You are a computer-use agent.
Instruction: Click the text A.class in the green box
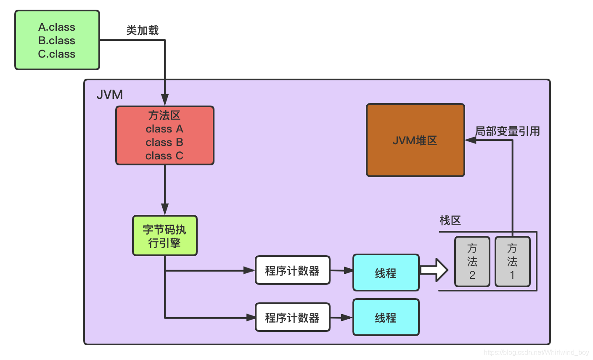pos(57,27)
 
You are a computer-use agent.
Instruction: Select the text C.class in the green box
pos(57,54)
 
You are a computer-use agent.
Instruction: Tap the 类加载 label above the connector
pos(143,30)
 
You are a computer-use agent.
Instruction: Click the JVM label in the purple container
pos(109,95)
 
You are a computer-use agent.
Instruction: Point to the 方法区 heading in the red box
pos(164,115)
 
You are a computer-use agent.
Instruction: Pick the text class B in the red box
pos(164,142)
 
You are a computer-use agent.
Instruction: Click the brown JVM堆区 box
pos(415,140)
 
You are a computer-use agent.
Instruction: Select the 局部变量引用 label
pos(507,131)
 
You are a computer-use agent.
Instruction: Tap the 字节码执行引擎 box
pos(164,236)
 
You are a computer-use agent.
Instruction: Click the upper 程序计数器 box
pos(292,270)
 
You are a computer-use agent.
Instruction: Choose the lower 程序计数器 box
pos(292,318)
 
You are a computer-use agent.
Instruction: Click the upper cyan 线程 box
pos(386,273)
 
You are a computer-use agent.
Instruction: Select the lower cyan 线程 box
pos(386,318)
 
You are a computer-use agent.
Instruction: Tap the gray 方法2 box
pos(472,262)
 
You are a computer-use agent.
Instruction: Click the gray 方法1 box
pos(512,262)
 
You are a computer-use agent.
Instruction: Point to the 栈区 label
pos(450,220)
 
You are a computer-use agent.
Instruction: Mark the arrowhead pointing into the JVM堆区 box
pos(471,140)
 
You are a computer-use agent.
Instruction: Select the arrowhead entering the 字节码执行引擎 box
pos(164,209)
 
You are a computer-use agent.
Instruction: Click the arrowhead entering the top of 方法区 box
pos(164,100)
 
